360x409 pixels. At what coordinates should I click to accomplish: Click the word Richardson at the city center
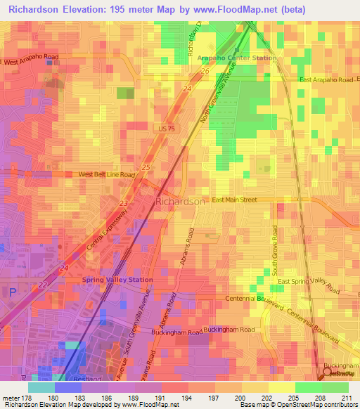click(179, 201)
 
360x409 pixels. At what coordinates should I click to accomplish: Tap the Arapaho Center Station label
click(236, 58)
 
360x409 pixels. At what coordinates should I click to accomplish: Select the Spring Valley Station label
click(117, 280)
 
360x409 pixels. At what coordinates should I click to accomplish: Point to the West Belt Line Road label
click(106, 174)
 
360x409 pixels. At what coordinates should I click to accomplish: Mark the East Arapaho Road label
click(326, 80)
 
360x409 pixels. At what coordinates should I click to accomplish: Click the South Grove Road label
click(276, 250)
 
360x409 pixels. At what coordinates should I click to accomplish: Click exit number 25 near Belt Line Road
click(146, 167)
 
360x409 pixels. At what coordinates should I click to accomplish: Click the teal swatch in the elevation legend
click(41, 387)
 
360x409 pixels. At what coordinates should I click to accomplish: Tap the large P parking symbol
click(12, 291)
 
